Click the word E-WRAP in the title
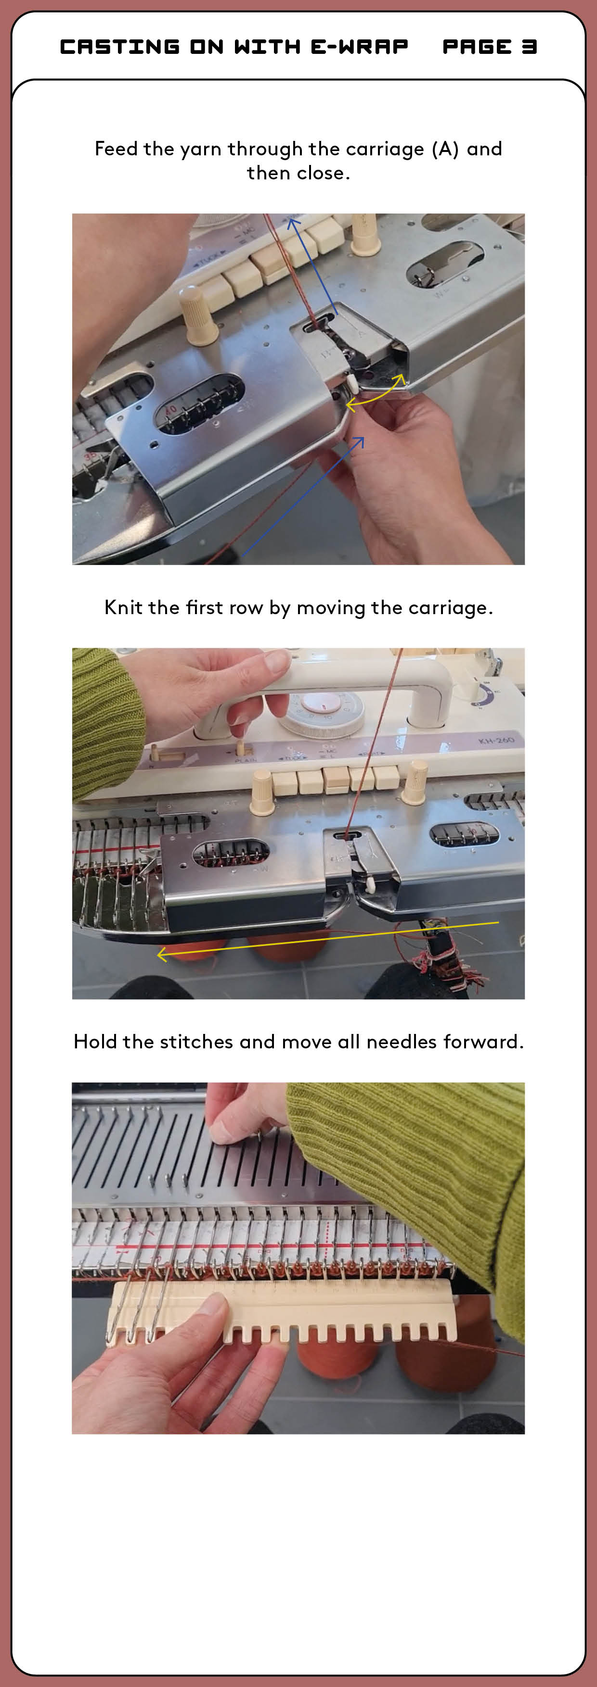click(x=359, y=47)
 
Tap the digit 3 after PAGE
click(x=529, y=47)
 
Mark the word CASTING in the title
click(x=120, y=47)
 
